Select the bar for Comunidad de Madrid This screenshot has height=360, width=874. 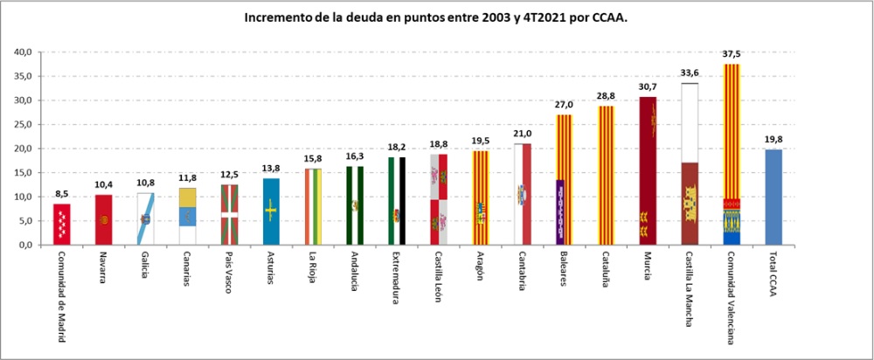[x=62, y=225]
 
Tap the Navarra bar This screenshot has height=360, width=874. [x=104, y=220]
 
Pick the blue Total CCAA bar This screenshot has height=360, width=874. [x=773, y=197]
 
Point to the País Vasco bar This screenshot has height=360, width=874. [x=229, y=215]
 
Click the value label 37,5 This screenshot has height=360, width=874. [x=732, y=54]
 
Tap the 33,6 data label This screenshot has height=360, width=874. [x=690, y=73]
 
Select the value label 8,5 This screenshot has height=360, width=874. [x=62, y=195]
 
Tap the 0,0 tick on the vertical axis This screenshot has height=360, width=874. [x=26, y=245]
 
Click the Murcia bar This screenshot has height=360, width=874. [x=648, y=171]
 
